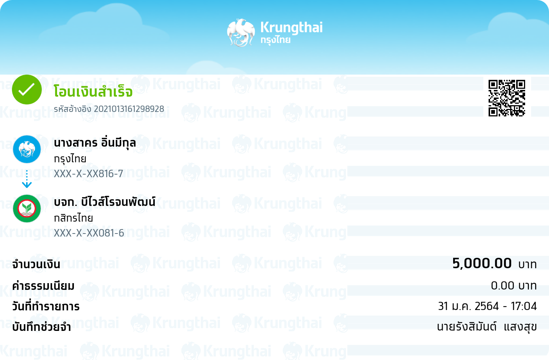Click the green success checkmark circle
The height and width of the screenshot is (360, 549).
tap(27, 90)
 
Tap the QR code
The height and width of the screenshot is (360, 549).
tap(506, 98)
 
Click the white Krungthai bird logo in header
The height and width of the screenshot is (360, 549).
tap(241, 32)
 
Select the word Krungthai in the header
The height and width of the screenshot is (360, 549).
tap(291, 28)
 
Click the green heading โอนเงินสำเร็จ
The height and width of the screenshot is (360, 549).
tap(93, 91)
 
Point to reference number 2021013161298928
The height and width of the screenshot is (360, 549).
tap(129, 109)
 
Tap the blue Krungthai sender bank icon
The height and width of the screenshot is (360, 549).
tap(27, 149)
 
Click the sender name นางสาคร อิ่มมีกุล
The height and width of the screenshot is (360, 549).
tap(95, 143)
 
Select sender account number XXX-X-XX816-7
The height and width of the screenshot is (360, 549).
tap(88, 174)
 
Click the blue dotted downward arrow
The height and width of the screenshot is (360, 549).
tap(27, 179)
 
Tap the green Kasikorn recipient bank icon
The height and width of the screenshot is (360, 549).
tap(27, 209)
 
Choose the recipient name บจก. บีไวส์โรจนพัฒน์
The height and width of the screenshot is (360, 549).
tap(105, 202)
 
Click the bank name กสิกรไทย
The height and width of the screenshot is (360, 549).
tap(73, 218)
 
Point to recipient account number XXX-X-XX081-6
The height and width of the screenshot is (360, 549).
tap(89, 233)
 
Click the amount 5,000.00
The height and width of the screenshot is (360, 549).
tap(482, 264)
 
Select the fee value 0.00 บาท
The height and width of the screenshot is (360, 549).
tap(514, 286)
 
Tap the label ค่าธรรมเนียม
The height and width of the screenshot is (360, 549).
tap(43, 286)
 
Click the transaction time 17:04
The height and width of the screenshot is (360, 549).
tap(524, 306)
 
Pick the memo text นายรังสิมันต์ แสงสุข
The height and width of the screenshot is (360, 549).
tap(487, 327)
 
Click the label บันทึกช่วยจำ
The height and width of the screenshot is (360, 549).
tap(41, 327)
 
